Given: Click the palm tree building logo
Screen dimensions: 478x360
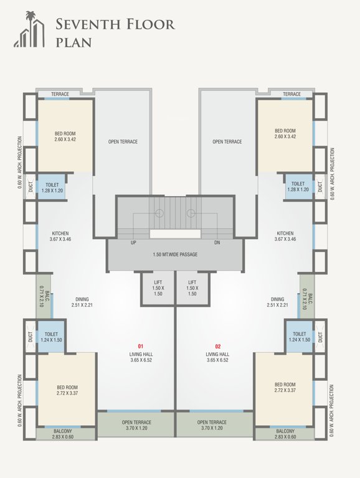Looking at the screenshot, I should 29,29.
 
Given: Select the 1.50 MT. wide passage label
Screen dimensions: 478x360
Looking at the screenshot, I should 175,255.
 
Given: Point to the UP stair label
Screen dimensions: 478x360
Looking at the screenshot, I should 133,243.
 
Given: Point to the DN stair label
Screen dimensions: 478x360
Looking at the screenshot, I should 217,243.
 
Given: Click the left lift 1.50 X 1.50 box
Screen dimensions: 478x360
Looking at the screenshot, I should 158,288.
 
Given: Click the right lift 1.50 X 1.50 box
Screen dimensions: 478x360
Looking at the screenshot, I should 192,288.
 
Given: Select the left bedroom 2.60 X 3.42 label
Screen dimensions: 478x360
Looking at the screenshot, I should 65,135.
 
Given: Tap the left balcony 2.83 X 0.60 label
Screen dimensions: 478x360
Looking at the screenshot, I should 62,434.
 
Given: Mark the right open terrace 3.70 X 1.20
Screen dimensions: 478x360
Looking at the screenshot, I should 214,425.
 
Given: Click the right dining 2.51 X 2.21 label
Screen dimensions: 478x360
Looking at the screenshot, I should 278,302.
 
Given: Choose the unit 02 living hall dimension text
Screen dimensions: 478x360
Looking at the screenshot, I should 218,360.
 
